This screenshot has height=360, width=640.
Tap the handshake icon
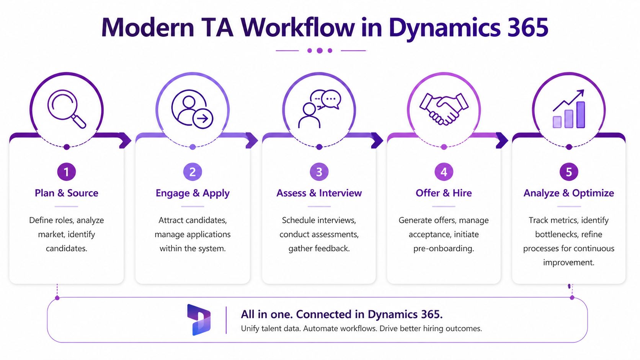[x=444, y=109]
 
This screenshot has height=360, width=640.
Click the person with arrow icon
[x=192, y=109]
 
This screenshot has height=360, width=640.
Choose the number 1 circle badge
[x=67, y=172]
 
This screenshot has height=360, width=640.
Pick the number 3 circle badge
[x=319, y=172]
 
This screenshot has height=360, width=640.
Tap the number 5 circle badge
[x=569, y=172]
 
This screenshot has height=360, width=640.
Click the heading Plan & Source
[x=67, y=193]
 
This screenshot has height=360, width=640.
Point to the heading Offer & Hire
[x=444, y=193]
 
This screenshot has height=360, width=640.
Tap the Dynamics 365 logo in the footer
[x=199, y=320]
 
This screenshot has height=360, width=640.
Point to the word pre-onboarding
[x=444, y=249]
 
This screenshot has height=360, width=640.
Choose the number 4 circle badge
[x=444, y=172]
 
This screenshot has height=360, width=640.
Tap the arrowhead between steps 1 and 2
[x=126, y=140]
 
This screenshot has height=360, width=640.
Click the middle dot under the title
[x=320, y=50]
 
